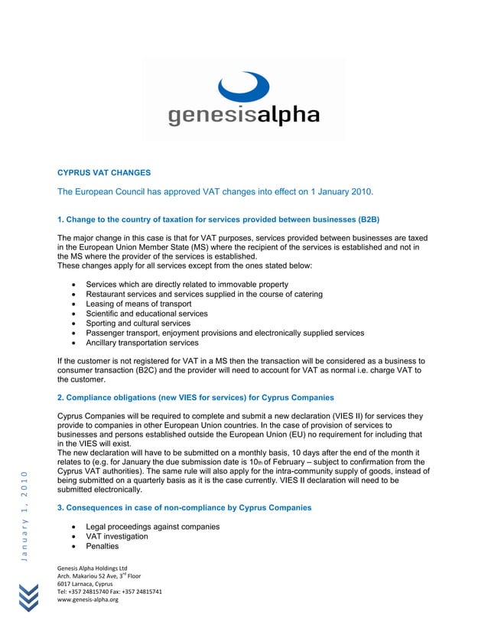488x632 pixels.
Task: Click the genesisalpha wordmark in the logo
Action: [x=243, y=116]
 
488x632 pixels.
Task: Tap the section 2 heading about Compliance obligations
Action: [x=196, y=397]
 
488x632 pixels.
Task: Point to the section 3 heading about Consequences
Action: [x=184, y=508]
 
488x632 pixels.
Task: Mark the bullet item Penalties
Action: [x=103, y=547]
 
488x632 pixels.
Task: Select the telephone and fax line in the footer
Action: [x=109, y=592]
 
